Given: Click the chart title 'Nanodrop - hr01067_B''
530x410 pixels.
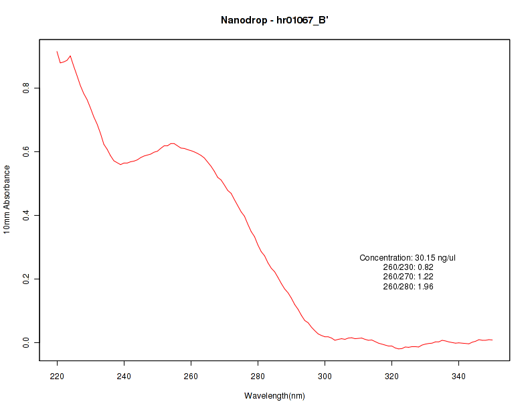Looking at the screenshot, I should pyautogui.click(x=274, y=20).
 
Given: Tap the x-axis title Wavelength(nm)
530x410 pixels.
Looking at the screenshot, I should pyautogui.click(x=274, y=396).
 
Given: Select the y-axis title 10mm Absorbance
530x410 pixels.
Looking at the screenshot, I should pyautogui.click(x=7, y=199).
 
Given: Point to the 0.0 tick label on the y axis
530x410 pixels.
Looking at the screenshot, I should pyautogui.click(x=26, y=342).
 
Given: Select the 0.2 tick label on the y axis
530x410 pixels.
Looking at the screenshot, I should pyautogui.click(x=26, y=279).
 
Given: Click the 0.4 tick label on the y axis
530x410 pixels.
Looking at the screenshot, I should pyautogui.click(x=26, y=215).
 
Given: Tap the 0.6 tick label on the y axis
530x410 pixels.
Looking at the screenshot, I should pyautogui.click(x=26, y=151).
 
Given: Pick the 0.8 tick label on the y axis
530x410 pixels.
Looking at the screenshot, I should pyautogui.click(x=26, y=88).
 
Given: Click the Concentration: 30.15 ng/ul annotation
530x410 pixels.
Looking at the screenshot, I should pyautogui.click(x=408, y=258).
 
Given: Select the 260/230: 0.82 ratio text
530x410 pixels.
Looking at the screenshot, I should pyautogui.click(x=408, y=267).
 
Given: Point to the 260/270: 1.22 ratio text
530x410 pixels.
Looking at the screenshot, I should pyautogui.click(x=408, y=277).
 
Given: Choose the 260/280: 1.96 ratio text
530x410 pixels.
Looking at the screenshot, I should pyautogui.click(x=408, y=287).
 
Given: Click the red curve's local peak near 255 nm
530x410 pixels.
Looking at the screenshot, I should pyautogui.click(x=172, y=143).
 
